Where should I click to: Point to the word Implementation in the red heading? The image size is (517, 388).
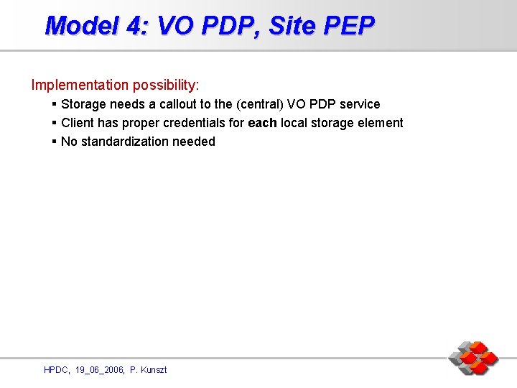pos(80,86)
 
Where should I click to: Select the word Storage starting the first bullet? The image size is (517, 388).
pos(84,104)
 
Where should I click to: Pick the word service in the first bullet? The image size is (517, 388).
pos(360,104)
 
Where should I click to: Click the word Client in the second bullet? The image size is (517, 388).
pos(78,123)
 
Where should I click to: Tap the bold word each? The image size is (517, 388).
pos(262,123)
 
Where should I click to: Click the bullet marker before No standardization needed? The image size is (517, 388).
pos(55,142)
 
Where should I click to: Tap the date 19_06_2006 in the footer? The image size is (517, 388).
pos(100,370)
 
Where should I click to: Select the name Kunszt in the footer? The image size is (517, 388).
pos(154,370)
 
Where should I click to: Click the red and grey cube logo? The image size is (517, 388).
pos(473,358)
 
